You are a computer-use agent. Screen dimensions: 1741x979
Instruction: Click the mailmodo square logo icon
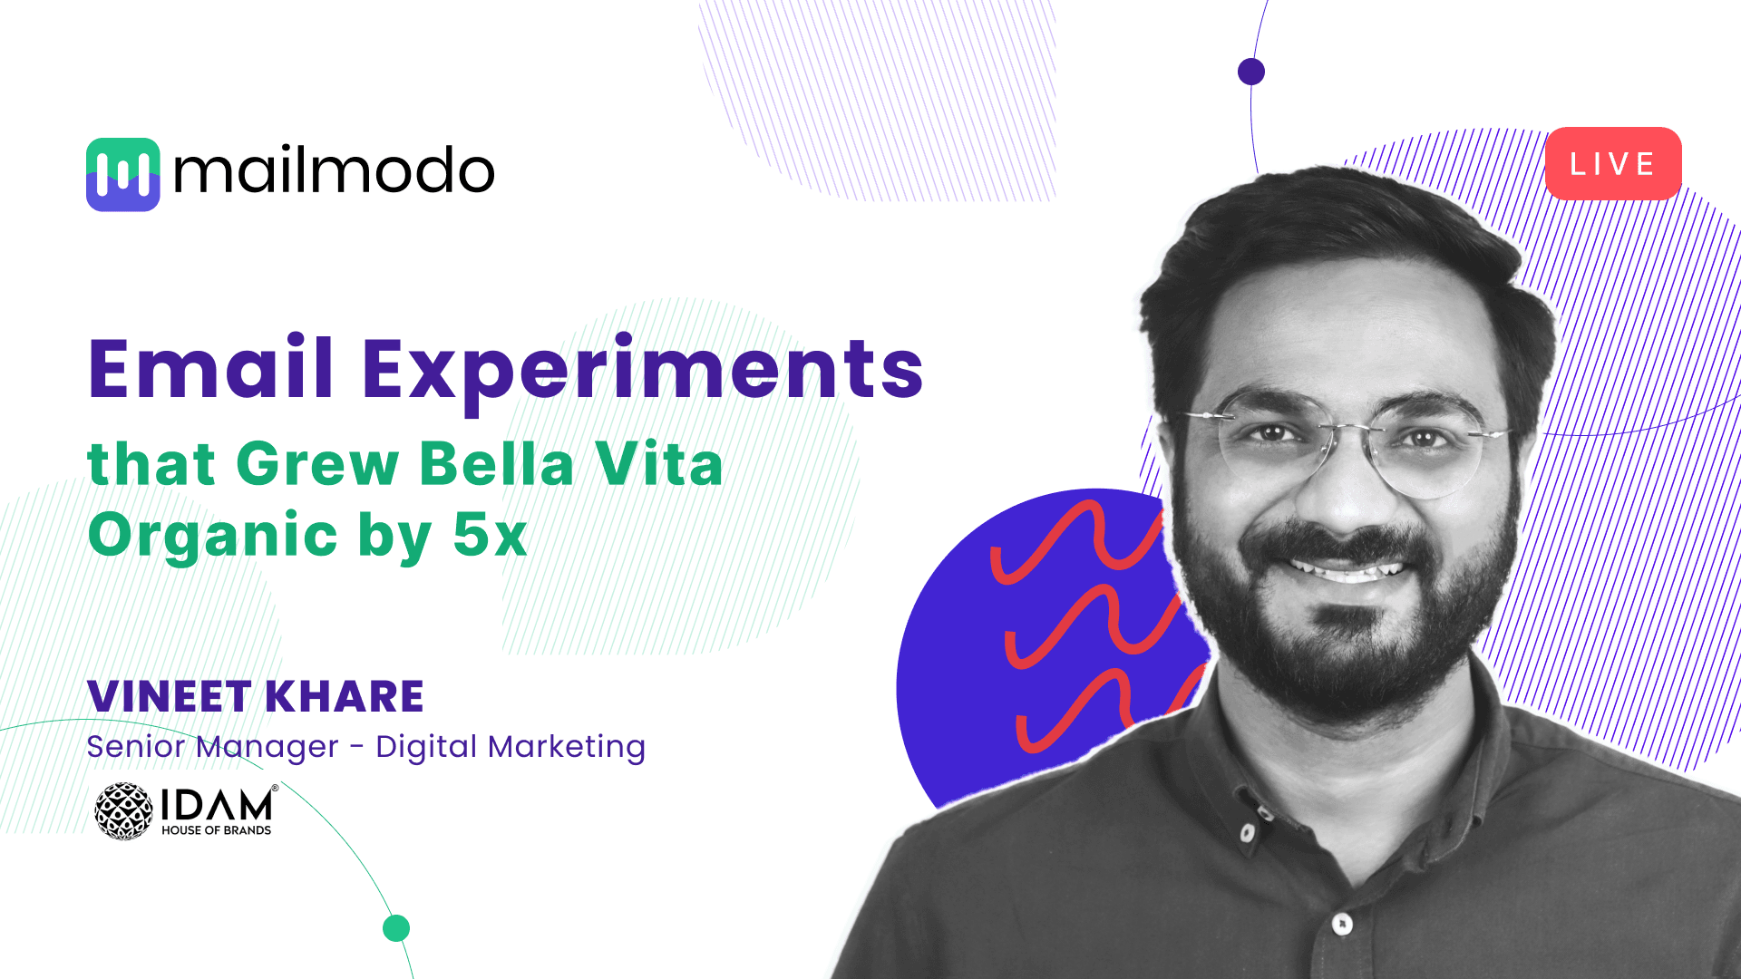tap(123, 174)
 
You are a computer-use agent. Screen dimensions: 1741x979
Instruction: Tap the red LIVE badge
tap(1613, 163)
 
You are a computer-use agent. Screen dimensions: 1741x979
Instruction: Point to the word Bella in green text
tap(497, 463)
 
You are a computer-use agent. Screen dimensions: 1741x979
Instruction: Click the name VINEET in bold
tap(169, 696)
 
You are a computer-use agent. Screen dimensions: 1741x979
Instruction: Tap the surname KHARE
tap(345, 696)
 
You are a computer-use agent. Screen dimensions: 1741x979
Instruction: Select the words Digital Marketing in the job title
tap(511, 747)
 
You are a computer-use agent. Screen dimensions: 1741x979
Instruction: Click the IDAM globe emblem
tap(124, 811)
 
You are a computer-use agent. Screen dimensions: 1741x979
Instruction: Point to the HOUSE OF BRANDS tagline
tap(216, 830)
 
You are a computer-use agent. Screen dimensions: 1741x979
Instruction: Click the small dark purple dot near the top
tap(1251, 72)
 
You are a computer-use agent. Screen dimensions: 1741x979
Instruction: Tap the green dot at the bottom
tap(396, 928)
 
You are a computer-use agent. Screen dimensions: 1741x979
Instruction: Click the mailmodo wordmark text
tap(334, 171)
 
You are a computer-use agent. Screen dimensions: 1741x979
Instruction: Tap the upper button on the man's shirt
tap(1249, 832)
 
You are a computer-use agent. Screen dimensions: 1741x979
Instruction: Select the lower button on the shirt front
tap(1343, 924)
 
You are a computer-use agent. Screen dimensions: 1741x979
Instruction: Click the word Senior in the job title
tap(135, 747)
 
